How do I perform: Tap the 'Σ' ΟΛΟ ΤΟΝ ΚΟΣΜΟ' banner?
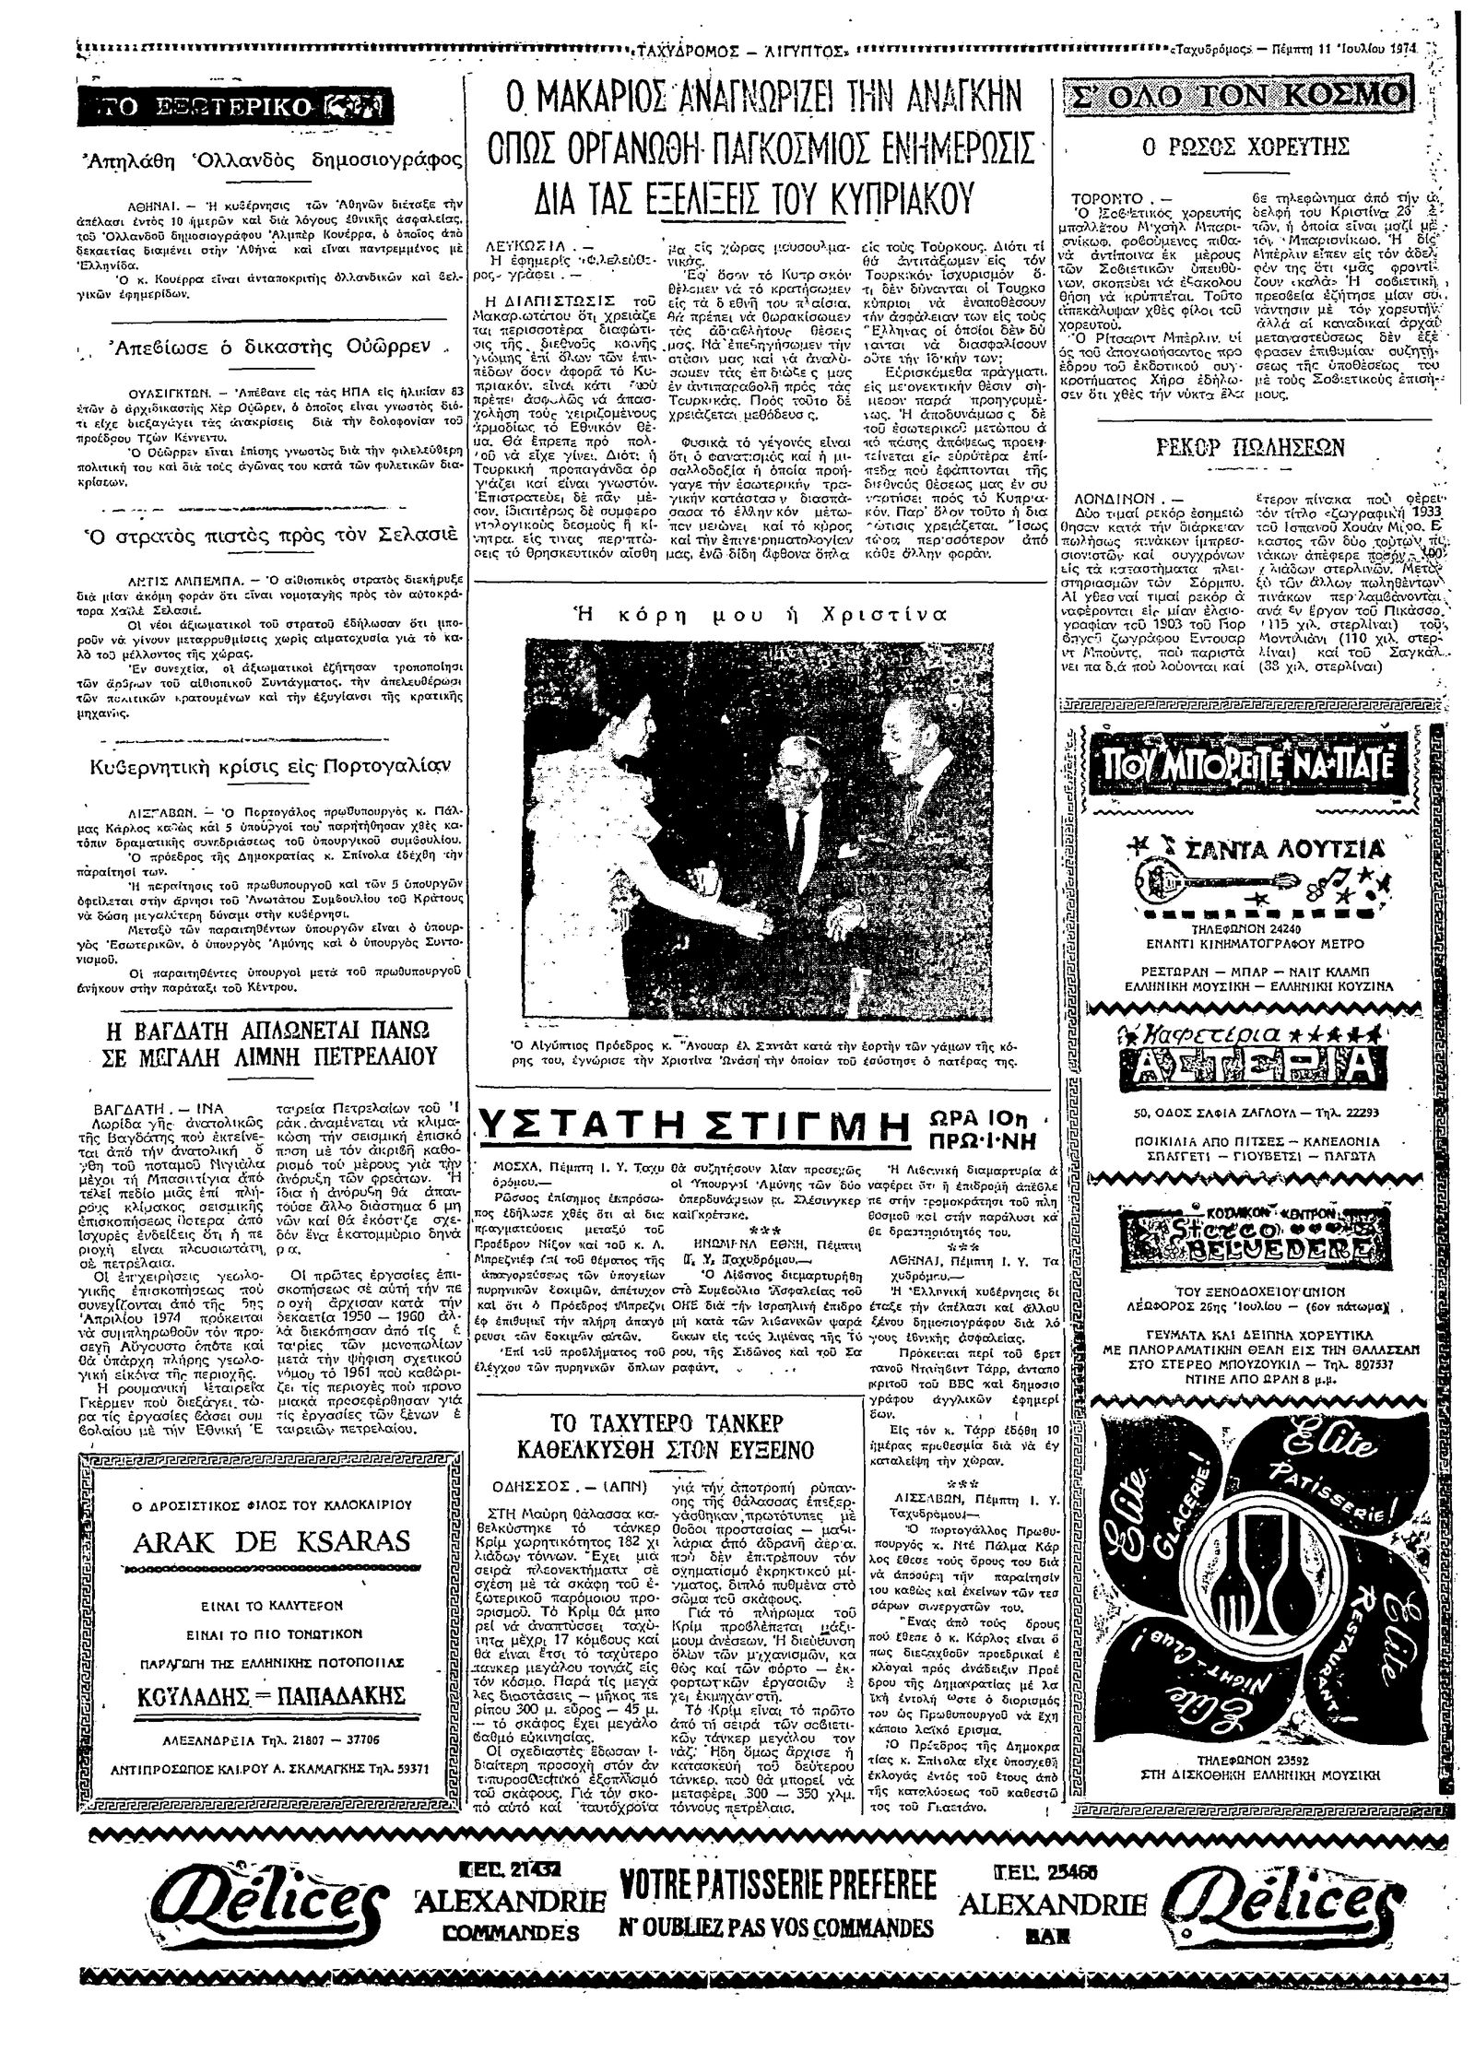point(1237,96)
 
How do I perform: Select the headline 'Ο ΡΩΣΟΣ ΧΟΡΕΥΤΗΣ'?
point(1246,147)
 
